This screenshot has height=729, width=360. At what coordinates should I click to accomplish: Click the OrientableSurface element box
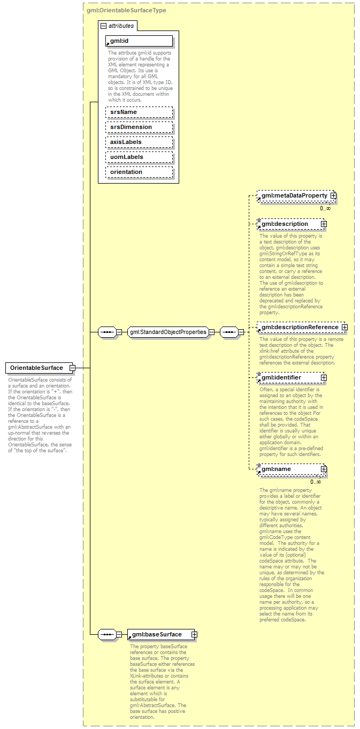coord(36,368)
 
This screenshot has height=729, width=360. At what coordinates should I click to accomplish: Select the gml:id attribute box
coord(139,41)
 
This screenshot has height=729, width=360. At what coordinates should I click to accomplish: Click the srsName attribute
coord(139,112)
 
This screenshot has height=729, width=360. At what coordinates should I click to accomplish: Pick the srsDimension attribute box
coord(139,127)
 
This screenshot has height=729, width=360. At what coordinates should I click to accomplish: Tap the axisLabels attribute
coord(139,142)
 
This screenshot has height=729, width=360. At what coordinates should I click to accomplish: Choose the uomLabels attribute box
coord(139,157)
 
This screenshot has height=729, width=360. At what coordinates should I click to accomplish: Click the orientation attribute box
coord(139,172)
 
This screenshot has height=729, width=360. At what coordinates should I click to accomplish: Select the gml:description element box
coord(289,224)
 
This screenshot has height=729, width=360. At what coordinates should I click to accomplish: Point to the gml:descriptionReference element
coord(300,327)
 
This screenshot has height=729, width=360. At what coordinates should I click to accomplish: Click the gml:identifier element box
coord(289,377)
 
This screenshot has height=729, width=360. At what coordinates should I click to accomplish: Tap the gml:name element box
coord(289,469)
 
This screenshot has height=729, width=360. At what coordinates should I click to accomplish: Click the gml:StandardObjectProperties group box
coord(168,332)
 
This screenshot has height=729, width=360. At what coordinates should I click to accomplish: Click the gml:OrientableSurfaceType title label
coord(126,10)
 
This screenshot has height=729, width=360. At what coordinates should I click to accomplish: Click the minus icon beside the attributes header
coord(103,26)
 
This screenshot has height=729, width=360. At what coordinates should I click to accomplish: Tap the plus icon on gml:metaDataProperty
coord(333,196)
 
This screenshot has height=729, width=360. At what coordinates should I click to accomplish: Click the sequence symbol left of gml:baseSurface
coord(107,635)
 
